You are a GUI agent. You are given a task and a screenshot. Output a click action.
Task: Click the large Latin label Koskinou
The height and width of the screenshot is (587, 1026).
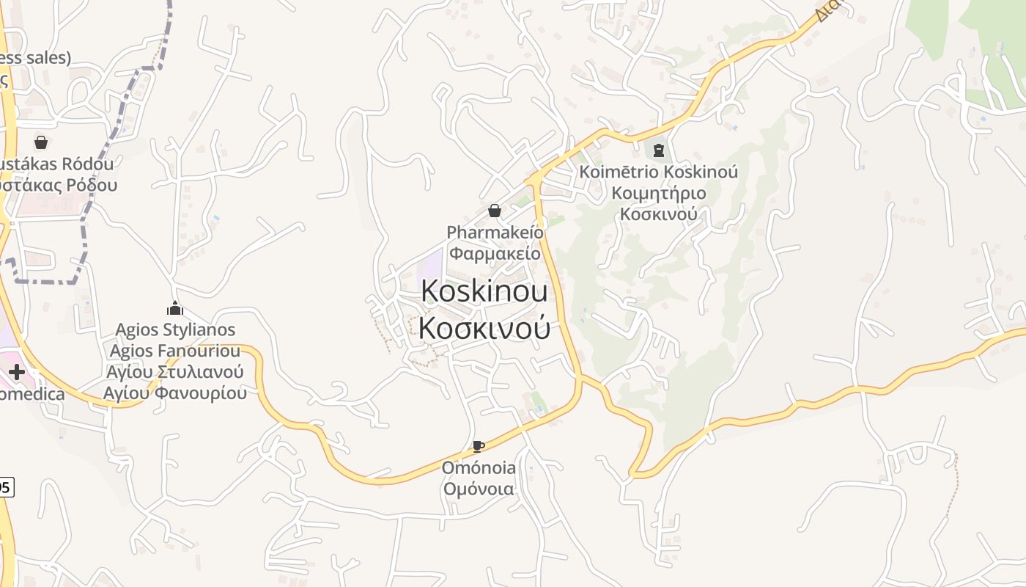pos(484,291)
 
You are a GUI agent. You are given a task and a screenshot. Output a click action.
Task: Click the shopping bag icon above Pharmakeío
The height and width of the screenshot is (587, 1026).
pos(495,211)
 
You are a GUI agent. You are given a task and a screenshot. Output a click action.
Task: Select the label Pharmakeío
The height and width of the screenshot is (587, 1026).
pos(495,233)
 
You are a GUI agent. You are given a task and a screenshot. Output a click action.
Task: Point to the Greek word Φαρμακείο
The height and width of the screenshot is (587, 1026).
pos(495,254)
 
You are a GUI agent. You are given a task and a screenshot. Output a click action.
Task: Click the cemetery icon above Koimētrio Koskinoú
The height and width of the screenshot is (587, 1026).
pos(658,151)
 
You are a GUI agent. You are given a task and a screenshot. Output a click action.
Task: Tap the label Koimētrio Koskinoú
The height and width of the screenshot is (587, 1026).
pos(658,172)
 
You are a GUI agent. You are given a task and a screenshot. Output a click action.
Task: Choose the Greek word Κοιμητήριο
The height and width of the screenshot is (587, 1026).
pos(658,193)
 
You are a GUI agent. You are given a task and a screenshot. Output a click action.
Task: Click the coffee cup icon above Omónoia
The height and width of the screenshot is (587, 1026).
pos(478,446)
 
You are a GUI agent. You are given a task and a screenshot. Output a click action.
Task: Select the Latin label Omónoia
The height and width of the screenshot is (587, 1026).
pos(479,467)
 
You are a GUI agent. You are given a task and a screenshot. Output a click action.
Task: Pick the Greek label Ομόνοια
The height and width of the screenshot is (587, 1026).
pos(479,489)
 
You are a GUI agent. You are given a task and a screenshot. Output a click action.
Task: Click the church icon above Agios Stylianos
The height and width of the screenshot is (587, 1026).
pos(175,308)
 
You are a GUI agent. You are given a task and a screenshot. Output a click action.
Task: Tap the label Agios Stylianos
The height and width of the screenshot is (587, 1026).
pos(176,329)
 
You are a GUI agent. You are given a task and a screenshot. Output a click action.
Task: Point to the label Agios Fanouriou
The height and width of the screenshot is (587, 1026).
pos(175,351)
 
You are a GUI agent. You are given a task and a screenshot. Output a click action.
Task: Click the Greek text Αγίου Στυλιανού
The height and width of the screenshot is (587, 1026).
pos(175,372)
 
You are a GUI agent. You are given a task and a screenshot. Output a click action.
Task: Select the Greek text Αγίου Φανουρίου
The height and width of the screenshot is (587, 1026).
pos(175,393)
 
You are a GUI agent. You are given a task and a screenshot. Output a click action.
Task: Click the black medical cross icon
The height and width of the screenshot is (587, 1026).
pos(16,372)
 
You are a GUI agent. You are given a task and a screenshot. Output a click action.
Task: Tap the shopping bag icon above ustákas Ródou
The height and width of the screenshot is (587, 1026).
pos(41,142)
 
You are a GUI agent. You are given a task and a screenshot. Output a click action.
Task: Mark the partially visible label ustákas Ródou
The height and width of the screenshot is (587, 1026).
pos(57,164)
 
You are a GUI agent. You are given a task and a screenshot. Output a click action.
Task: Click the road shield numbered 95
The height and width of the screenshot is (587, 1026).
pos(6,486)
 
